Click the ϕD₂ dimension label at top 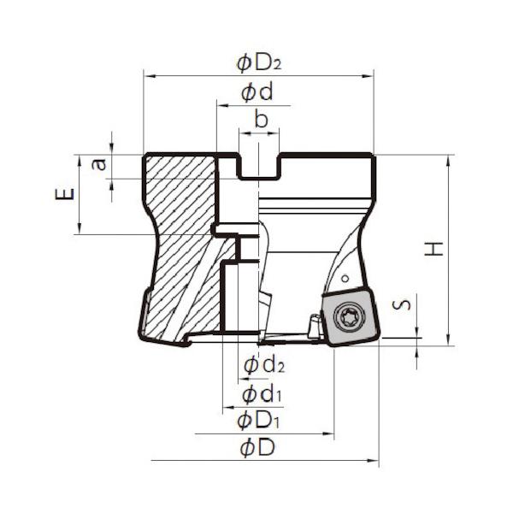[259, 63]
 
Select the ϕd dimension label [256, 93]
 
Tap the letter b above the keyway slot [261, 119]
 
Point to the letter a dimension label [99, 164]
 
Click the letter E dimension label [65, 194]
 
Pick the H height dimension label [433, 249]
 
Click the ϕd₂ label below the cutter [264, 365]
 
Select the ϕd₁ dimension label [262, 394]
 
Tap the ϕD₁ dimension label [258, 421]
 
